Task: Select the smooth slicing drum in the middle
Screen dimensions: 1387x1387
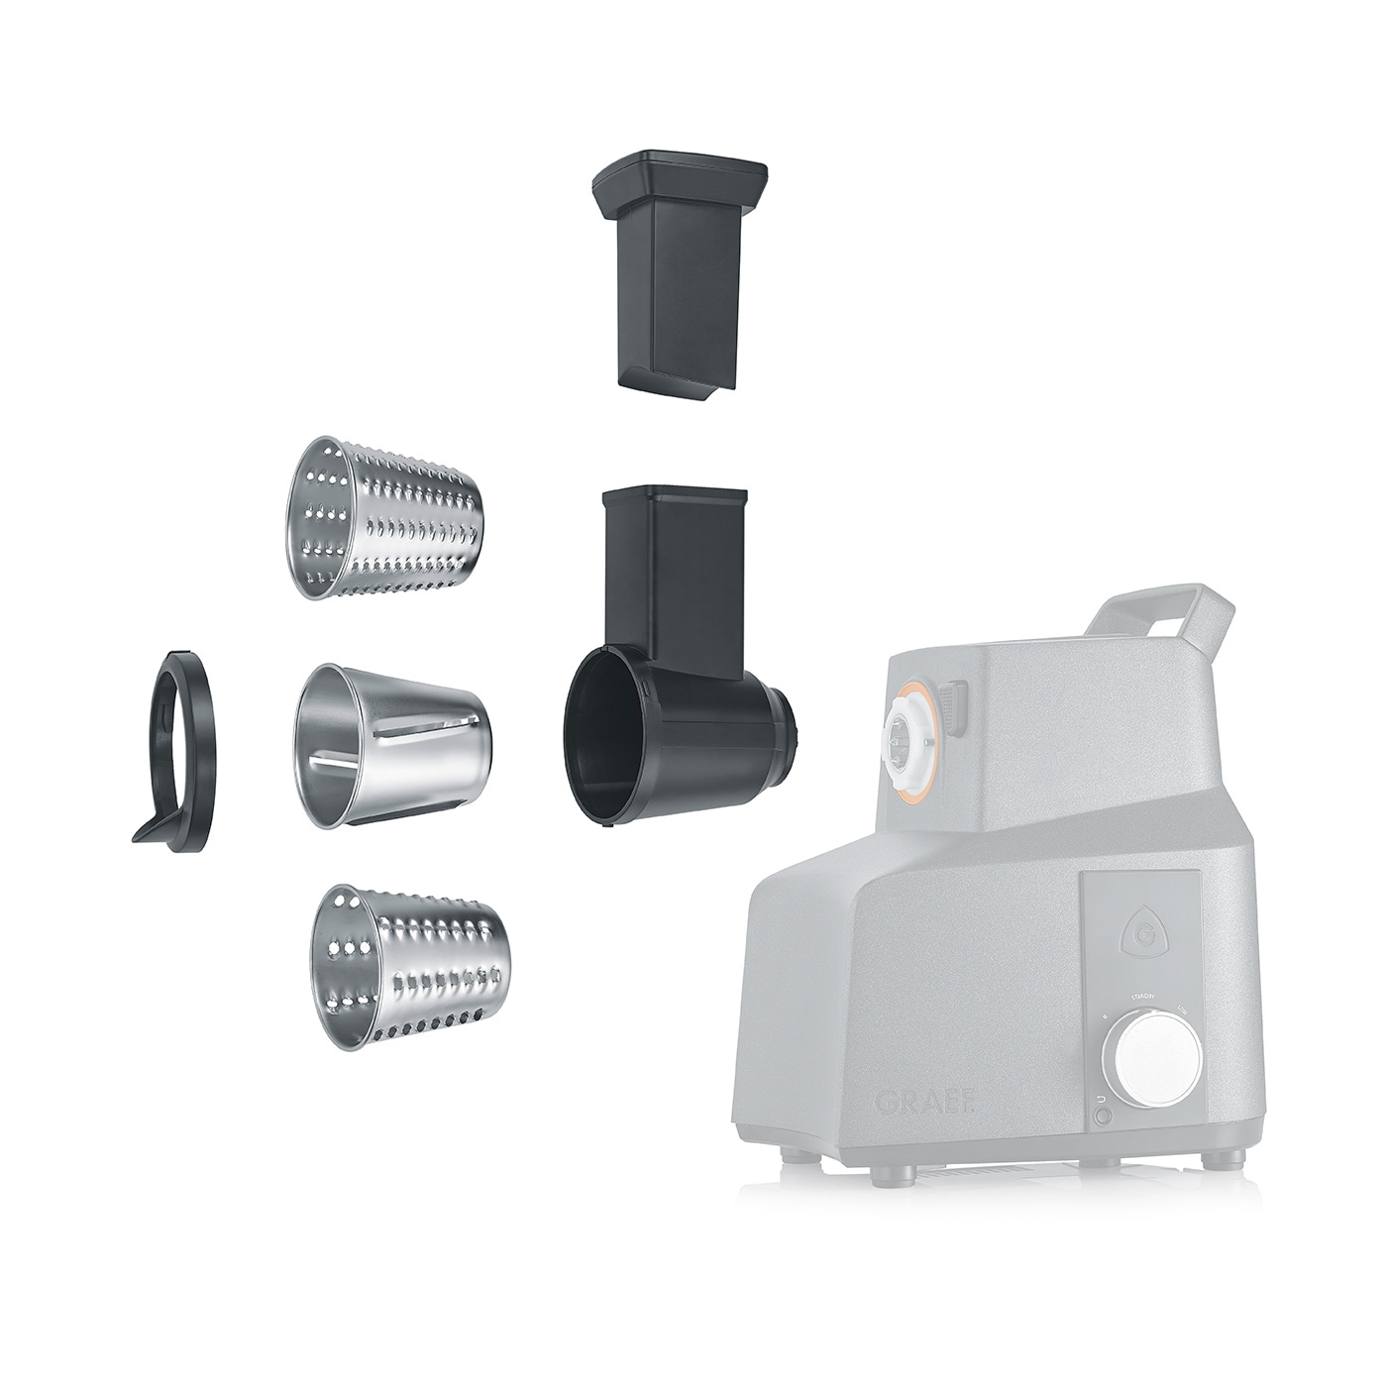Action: coord(392,744)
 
